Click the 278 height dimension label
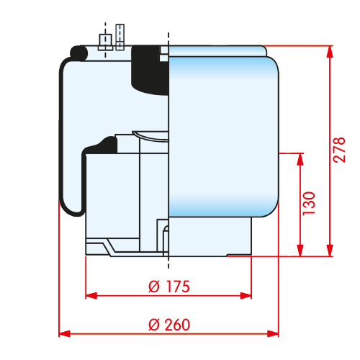click(339, 150)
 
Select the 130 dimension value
click(309, 204)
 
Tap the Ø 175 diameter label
click(169, 287)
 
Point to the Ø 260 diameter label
click(169, 325)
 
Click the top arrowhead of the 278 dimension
click(330, 51)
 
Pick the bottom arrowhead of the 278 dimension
click(330, 251)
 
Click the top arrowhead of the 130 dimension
click(300, 159)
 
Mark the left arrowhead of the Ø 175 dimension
click(91, 296)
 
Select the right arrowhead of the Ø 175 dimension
click(246, 296)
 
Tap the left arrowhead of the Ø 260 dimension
click(65, 333)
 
